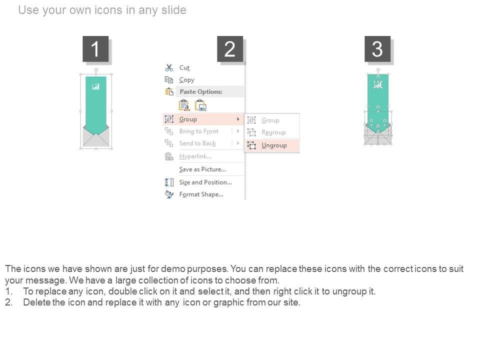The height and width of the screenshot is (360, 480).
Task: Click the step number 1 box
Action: click(95, 49)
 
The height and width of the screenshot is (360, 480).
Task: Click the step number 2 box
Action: click(230, 49)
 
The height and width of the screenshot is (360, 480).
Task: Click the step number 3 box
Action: click(377, 49)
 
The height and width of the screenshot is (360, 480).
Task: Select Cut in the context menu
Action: click(184, 67)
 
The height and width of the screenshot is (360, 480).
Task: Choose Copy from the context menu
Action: click(186, 80)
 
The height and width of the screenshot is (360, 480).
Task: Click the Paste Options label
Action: click(201, 91)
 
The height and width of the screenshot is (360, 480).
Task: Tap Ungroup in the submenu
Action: click(274, 145)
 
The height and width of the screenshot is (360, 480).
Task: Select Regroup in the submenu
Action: click(273, 132)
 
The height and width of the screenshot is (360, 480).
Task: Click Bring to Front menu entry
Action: click(198, 131)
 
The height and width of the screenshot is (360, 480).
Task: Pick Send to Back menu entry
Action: click(197, 143)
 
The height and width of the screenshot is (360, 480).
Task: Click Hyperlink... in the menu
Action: click(195, 156)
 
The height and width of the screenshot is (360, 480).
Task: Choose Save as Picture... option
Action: click(202, 169)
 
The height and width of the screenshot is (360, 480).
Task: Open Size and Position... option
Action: click(205, 182)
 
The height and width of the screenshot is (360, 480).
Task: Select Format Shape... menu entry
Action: click(201, 194)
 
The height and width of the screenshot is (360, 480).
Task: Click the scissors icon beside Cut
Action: click(169, 67)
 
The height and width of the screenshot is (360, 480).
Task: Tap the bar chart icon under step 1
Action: click(96, 86)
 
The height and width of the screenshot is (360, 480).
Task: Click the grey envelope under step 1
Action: click(96, 136)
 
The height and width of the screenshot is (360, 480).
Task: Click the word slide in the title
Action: click(173, 10)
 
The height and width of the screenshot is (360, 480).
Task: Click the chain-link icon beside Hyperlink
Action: click(169, 156)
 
